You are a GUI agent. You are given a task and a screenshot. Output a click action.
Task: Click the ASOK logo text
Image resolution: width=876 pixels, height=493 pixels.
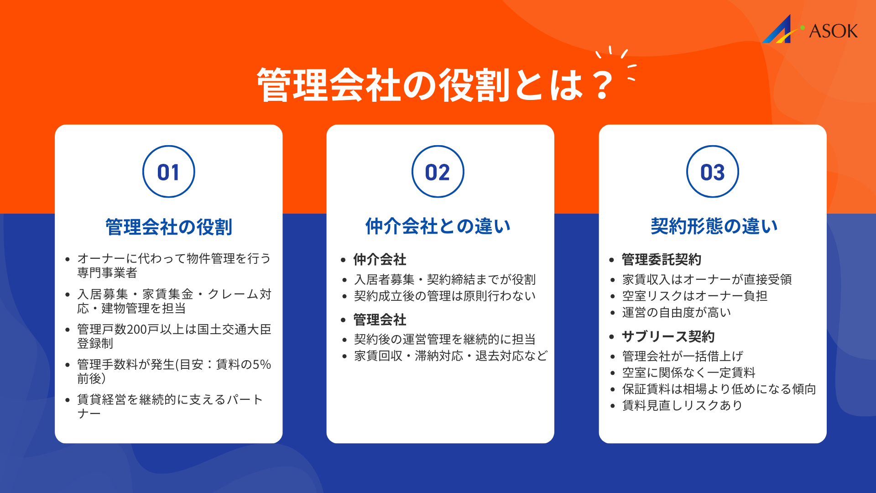(833, 31)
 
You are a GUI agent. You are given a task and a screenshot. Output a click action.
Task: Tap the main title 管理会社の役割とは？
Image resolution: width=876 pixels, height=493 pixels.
(436, 85)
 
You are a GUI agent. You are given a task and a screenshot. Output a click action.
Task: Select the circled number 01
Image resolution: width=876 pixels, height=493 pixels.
(168, 172)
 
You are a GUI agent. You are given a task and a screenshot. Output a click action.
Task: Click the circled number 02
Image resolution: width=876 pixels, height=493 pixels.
(438, 172)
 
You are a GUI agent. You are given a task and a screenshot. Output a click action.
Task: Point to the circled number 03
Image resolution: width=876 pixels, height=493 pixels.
(712, 172)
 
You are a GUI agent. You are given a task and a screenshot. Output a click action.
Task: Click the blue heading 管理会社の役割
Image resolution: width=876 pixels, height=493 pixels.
(168, 227)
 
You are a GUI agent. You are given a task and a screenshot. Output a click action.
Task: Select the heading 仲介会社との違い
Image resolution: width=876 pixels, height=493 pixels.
(438, 226)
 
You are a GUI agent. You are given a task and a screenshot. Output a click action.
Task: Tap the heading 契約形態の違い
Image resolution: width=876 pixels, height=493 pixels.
(714, 226)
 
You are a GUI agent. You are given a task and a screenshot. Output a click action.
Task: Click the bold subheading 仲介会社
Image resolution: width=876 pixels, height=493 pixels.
(380, 260)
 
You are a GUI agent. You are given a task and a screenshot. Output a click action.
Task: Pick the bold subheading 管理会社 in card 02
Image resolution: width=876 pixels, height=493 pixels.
(380, 320)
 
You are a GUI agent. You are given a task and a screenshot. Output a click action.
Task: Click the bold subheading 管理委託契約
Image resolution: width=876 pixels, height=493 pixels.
(661, 260)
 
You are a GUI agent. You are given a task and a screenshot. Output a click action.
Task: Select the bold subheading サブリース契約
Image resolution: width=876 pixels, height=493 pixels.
(668, 337)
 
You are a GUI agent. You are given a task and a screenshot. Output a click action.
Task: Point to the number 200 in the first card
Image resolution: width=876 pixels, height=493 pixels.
(136, 330)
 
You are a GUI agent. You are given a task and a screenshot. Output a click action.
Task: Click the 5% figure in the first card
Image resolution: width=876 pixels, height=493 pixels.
(262, 365)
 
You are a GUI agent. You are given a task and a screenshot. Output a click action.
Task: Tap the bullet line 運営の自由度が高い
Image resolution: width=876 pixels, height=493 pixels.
(677, 313)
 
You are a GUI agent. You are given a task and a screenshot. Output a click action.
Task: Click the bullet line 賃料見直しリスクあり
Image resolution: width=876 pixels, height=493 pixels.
(682, 405)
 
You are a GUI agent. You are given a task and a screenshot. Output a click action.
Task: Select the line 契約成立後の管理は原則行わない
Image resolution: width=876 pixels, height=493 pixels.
(445, 296)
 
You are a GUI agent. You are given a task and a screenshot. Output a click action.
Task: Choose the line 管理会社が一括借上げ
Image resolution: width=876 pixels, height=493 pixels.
(683, 356)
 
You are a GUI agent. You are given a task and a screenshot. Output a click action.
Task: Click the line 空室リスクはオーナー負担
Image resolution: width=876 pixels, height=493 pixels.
(694, 296)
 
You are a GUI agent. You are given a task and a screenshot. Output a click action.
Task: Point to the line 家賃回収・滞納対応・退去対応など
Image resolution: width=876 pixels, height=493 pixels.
(451, 356)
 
